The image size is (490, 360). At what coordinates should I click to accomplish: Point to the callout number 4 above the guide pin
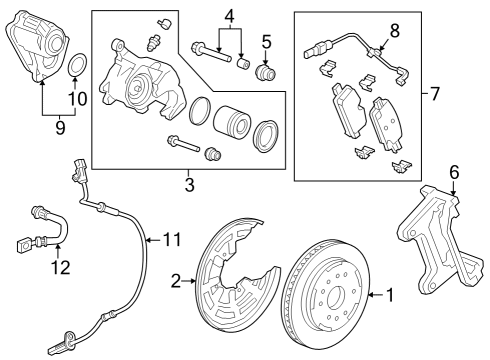click(229, 17)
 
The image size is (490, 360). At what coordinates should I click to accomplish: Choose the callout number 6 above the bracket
click(453, 172)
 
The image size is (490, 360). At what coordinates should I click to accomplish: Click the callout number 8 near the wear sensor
click(394, 30)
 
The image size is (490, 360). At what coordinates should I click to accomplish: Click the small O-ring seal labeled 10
click(76, 70)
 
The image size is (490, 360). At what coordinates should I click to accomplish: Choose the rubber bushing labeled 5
click(266, 73)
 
